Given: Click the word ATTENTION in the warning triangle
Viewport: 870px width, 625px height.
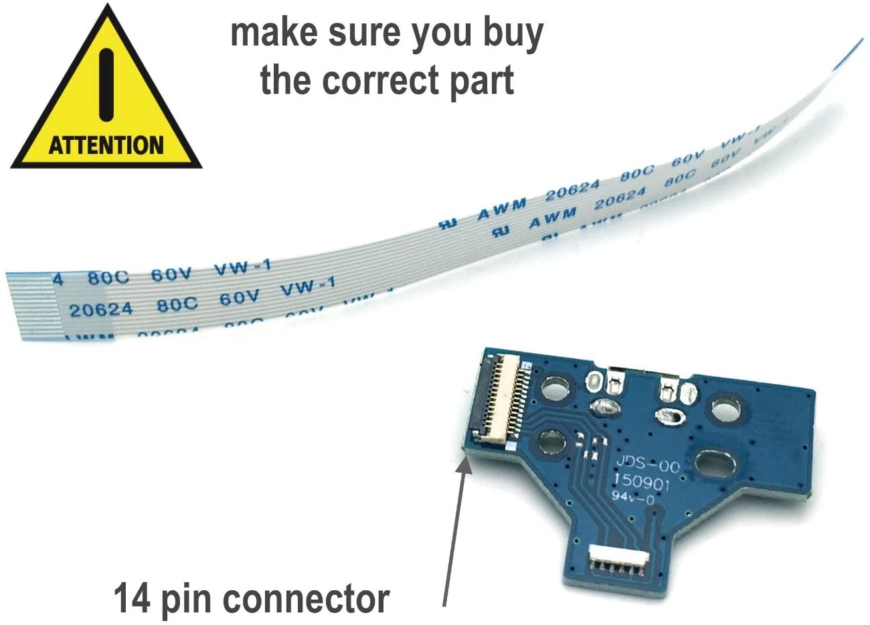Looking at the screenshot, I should pos(106,145).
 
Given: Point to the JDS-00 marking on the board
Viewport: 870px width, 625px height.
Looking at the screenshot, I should pos(646,464).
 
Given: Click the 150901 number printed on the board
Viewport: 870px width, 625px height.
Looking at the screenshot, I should pos(641,482).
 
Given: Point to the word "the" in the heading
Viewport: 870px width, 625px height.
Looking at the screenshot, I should pos(286,80).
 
